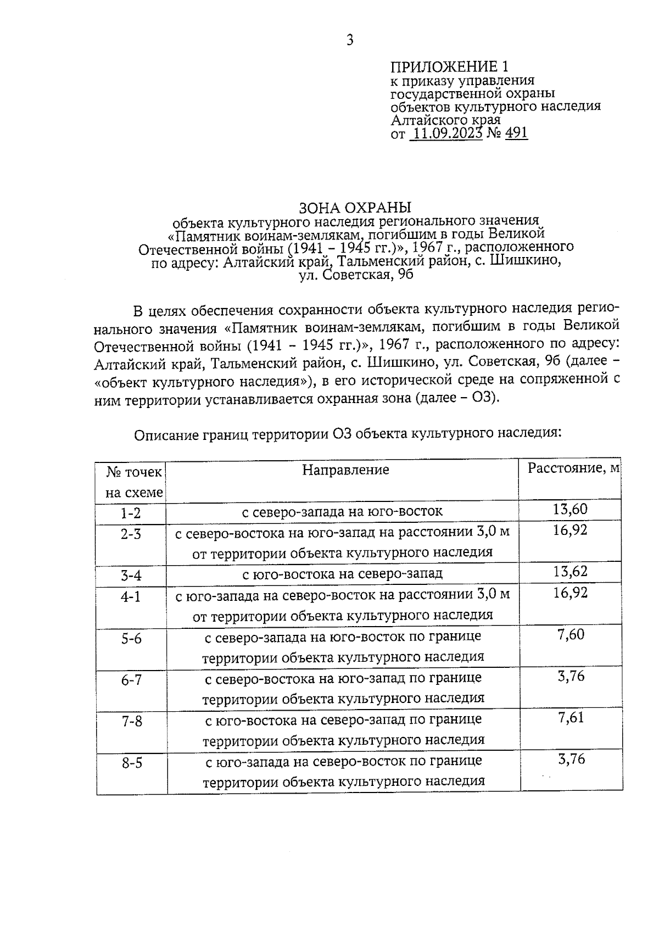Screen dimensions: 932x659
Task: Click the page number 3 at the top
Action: [x=350, y=40]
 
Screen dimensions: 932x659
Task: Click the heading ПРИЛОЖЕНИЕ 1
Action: [x=450, y=67]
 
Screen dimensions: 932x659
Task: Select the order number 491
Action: [x=516, y=133]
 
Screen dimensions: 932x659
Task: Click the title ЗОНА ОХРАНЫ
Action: [x=355, y=208]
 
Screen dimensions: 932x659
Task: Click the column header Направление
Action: [x=345, y=470]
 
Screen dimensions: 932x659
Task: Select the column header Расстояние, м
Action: [x=573, y=468]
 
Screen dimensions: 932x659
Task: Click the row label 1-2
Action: [x=131, y=513]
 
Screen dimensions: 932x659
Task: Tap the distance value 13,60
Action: [x=570, y=509]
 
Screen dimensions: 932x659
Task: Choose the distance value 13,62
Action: [x=570, y=572]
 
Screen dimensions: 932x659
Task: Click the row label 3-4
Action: [x=131, y=576]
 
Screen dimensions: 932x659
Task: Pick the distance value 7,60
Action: [x=571, y=635]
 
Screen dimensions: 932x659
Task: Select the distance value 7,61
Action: [x=571, y=718]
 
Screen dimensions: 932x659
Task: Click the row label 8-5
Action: [x=132, y=763]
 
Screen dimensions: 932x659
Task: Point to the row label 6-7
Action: [x=132, y=680]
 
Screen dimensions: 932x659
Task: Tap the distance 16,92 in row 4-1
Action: [x=570, y=593]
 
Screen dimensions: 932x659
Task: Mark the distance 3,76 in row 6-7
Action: [x=571, y=676]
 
